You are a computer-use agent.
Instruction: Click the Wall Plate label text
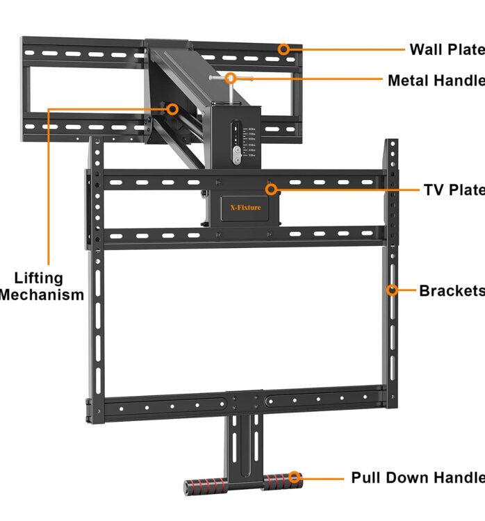click(x=446, y=49)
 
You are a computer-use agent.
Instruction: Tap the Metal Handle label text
click(x=436, y=80)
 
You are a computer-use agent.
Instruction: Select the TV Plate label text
click(x=454, y=190)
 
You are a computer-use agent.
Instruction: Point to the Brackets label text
click(x=451, y=290)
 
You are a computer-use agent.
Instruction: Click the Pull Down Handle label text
click(x=417, y=478)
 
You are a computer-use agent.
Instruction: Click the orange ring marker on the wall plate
click(x=283, y=49)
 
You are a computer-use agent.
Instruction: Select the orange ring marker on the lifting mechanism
click(x=172, y=109)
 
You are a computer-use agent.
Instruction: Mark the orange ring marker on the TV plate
click(x=272, y=189)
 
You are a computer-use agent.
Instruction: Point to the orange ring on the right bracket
click(x=392, y=290)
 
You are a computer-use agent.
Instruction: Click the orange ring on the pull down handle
click(x=295, y=478)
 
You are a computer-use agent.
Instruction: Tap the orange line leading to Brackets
click(x=406, y=290)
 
